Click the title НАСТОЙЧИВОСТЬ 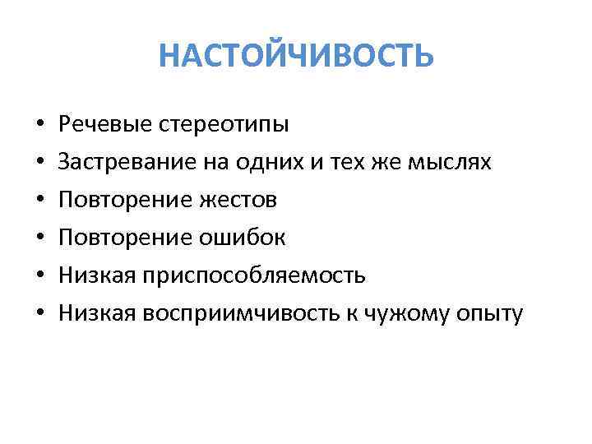click(x=296, y=56)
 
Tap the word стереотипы click(x=219, y=126)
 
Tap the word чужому click(x=419, y=312)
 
